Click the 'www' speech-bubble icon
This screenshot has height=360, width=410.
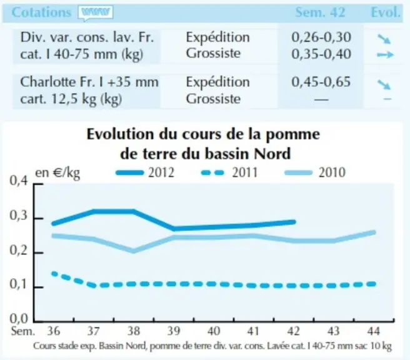(x=96, y=12)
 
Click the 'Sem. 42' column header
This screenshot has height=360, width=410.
(x=320, y=12)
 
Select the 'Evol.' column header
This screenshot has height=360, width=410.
(x=386, y=12)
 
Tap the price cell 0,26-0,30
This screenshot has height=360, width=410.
(x=321, y=37)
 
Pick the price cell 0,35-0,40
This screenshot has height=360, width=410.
(x=321, y=54)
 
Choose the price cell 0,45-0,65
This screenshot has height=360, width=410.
(x=321, y=82)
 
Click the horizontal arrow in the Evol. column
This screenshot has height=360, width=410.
(x=385, y=54)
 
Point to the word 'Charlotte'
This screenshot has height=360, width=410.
(x=47, y=82)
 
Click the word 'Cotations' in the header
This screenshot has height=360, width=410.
(x=41, y=12)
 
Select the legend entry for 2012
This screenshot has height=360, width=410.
(x=145, y=172)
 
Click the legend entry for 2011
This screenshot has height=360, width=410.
(x=229, y=172)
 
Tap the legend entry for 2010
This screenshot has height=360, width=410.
(x=315, y=172)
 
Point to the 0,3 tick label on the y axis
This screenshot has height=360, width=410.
(x=19, y=216)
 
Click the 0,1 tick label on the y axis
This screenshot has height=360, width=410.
(x=19, y=284)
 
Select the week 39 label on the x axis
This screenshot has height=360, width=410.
(x=174, y=331)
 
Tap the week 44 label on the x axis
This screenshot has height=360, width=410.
(x=373, y=331)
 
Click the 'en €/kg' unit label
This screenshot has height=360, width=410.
(x=57, y=173)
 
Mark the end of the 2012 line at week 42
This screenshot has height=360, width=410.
(x=294, y=222)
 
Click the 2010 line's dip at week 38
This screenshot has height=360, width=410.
(x=133, y=251)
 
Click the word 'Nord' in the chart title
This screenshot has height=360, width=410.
(x=272, y=154)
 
